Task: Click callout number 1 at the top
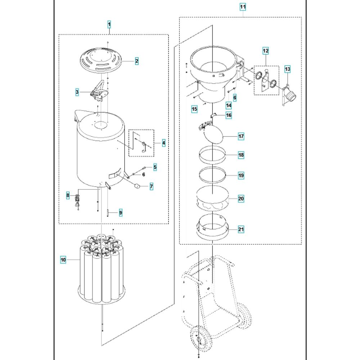[x=109, y=24]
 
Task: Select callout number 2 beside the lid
[x=137, y=61]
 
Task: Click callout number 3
[x=77, y=92]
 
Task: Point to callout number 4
[x=164, y=143]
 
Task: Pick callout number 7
[x=151, y=186]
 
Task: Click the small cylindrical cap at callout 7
[x=138, y=186]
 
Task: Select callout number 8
[x=68, y=195]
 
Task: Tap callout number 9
[x=121, y=213]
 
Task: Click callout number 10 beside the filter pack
[x=63, y=260]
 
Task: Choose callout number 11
[x=243, y=7]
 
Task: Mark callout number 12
[x=266, y=51]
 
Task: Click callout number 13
[x=287, y=69]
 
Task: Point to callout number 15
[x=194, y=109]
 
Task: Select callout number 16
[x=229, y=115]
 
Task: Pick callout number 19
[x=241, y=176]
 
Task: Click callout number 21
[x=241, y=229]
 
